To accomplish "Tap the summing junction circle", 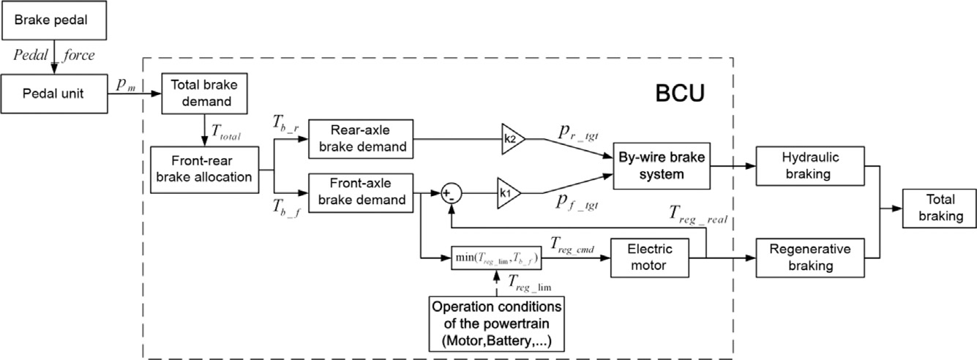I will pyautogui.click(x=450, y=194).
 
